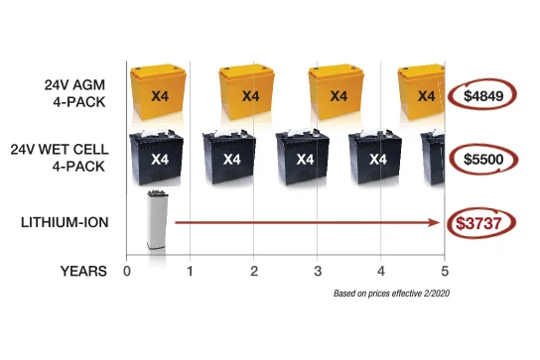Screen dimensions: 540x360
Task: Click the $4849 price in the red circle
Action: click(x=483, y=96)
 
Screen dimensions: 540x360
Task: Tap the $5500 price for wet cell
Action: click(x=483, y=160)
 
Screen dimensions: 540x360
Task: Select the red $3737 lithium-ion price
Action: click(x=478, y=223)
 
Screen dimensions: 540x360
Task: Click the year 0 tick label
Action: click(x=127, y=271)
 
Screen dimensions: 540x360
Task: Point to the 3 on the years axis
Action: click(x=318, y=271)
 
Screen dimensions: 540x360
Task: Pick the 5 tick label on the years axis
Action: click(x=445, y=271)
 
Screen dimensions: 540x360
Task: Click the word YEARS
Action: click(x=83, y=271)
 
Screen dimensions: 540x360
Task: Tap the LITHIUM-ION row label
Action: click(x=65, y=222)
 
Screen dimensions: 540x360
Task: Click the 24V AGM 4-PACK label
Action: click(x=75, y=93)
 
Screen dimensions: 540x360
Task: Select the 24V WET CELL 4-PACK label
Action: click(x=60, y=158)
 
